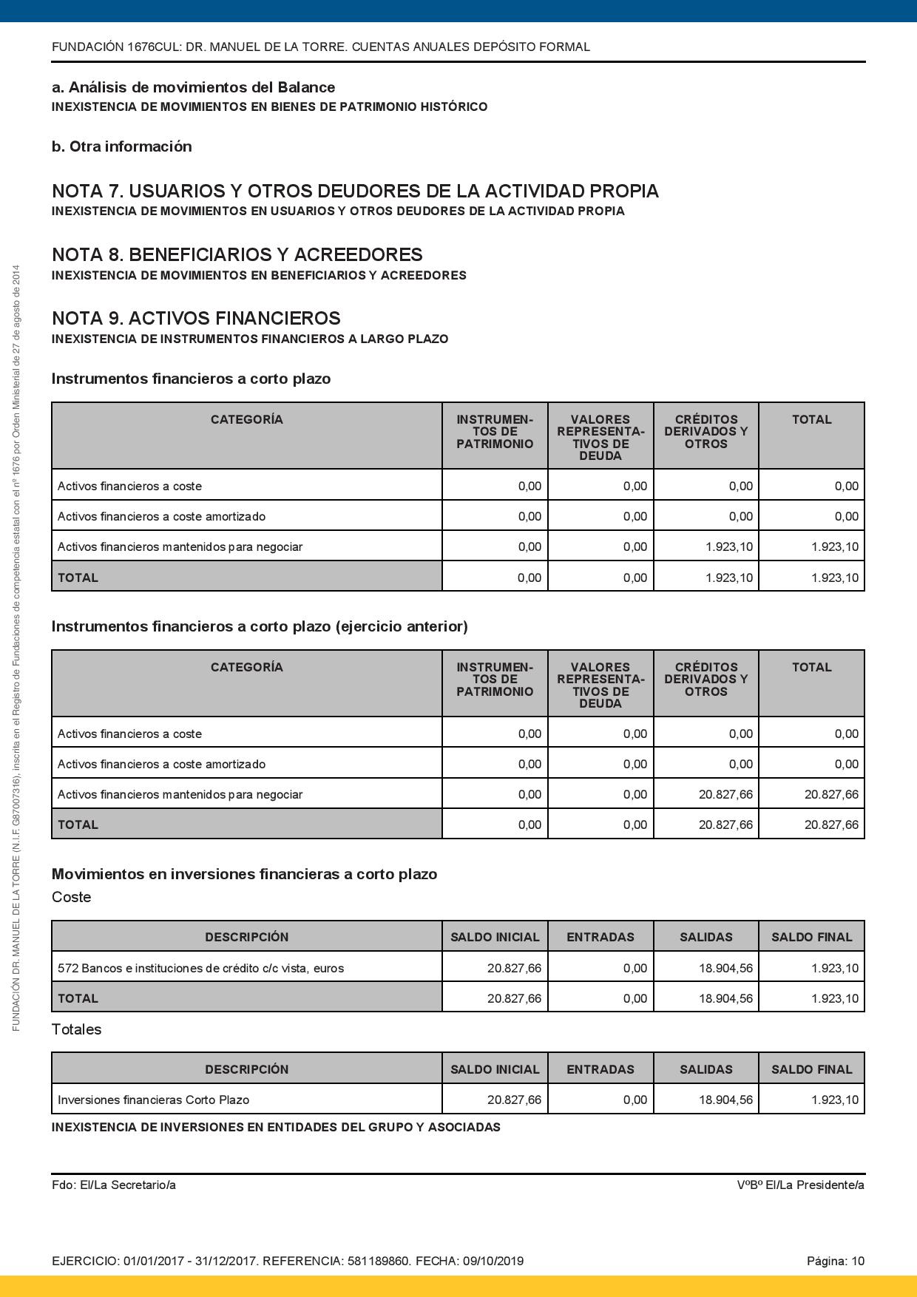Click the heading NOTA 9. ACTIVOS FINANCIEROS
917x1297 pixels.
coord(196,319)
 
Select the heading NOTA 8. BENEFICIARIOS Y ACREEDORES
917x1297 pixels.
coord(237,255)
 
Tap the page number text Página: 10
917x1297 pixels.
coord(835,1261)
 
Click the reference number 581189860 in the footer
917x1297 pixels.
coord(376,1261)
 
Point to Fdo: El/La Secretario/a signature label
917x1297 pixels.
coord(114,1185)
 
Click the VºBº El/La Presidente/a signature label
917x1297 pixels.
coord(800,1185)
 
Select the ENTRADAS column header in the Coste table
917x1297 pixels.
coord(600,937)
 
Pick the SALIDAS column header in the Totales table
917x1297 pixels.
coord(705,1069)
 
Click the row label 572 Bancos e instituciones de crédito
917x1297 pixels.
coord(200,968)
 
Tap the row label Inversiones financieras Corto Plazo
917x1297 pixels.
coord(153,1100)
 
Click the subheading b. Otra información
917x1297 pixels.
coord(122,146)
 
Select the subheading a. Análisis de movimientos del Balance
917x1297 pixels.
coord(193,87)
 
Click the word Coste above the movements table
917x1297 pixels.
coord(72,897)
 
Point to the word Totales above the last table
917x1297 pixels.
coord(76,1029)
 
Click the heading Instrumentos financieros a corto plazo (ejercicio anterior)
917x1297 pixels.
coord(260,626)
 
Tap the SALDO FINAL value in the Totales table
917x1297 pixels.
coord(834,1100)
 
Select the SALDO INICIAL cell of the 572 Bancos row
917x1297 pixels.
coord(514,968)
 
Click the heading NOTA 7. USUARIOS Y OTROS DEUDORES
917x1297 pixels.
coord(355,192)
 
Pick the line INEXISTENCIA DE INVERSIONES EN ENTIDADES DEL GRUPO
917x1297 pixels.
coord(276,1128)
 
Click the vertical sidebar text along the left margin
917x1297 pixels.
coord(16,647)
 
